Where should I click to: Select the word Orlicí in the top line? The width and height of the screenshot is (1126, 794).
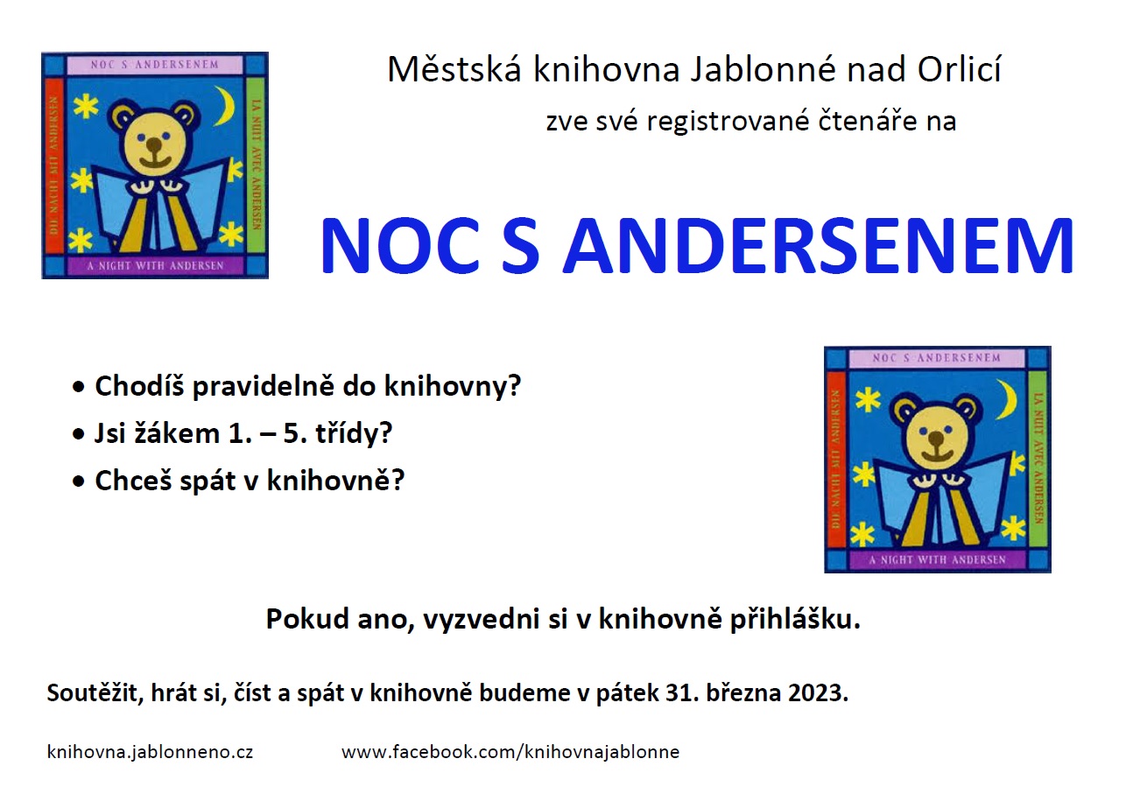pos(960,69)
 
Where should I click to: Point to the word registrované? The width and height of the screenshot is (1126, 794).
pos(728,122)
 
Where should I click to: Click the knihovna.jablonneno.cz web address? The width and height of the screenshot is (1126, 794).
pos(150,752)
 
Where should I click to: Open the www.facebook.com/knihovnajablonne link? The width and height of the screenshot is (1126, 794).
pos(510,752)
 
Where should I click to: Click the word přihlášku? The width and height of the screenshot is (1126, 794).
pos(795,619)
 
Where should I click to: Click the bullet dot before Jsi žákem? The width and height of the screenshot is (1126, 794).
pos(79,434)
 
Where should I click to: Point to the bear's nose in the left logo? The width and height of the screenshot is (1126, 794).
pos(154,145)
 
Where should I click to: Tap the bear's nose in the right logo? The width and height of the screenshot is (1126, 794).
pos(936,439)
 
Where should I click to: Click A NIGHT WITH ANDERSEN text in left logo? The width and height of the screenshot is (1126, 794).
pos(155,266)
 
